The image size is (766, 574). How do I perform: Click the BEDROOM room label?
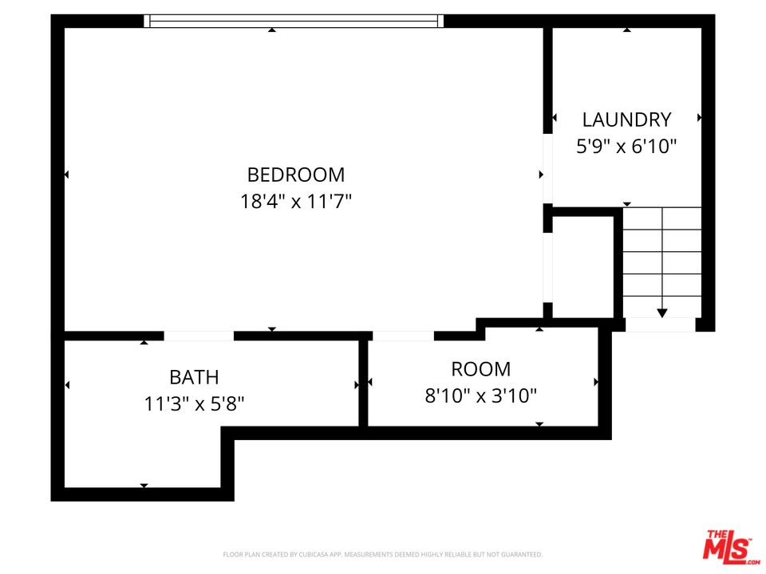[x=296, y=175]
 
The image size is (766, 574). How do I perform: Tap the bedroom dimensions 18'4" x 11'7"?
[x=296, y=202]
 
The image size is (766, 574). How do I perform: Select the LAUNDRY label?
[x=626, y=120]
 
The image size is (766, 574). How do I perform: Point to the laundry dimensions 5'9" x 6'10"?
[x=626, y=147]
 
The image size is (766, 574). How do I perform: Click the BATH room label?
[x=194, y=377]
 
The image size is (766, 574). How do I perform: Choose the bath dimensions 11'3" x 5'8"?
[x=194, y=403]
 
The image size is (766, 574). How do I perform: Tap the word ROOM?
[x=480, y=369]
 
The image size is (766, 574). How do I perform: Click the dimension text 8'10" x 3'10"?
[x=480, y=395]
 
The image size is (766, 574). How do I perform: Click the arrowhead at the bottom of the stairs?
[x=661, y=313]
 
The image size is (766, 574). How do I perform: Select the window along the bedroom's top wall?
[x=294, y=22]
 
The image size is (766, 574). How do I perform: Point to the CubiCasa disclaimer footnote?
[x=382, y=554]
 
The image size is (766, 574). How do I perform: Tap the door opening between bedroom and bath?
[x=199, y=336]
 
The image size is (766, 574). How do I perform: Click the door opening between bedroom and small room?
[x=403, y=336]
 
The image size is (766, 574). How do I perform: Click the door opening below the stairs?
[x=660, y=325]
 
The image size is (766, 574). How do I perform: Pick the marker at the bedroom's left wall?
[x=67, y=175]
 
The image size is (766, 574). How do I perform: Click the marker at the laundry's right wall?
[x=700, y=117]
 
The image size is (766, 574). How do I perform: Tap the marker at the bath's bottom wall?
[x=144, y=485]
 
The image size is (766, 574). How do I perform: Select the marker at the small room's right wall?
[x=595, y=383]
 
